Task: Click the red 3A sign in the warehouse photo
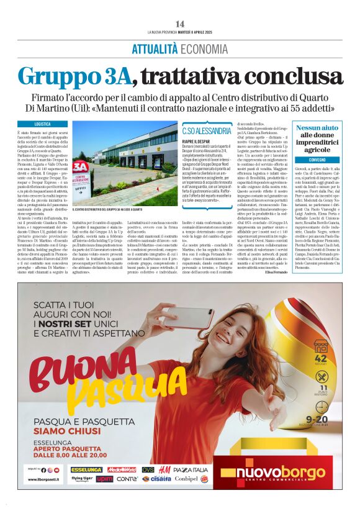coord(80,167)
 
